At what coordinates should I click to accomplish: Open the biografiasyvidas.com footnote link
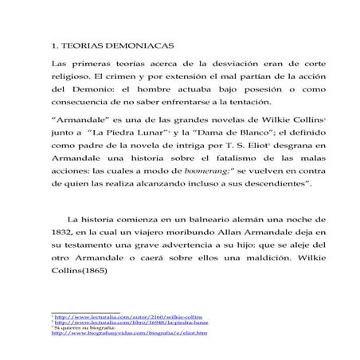pos(128,333)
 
